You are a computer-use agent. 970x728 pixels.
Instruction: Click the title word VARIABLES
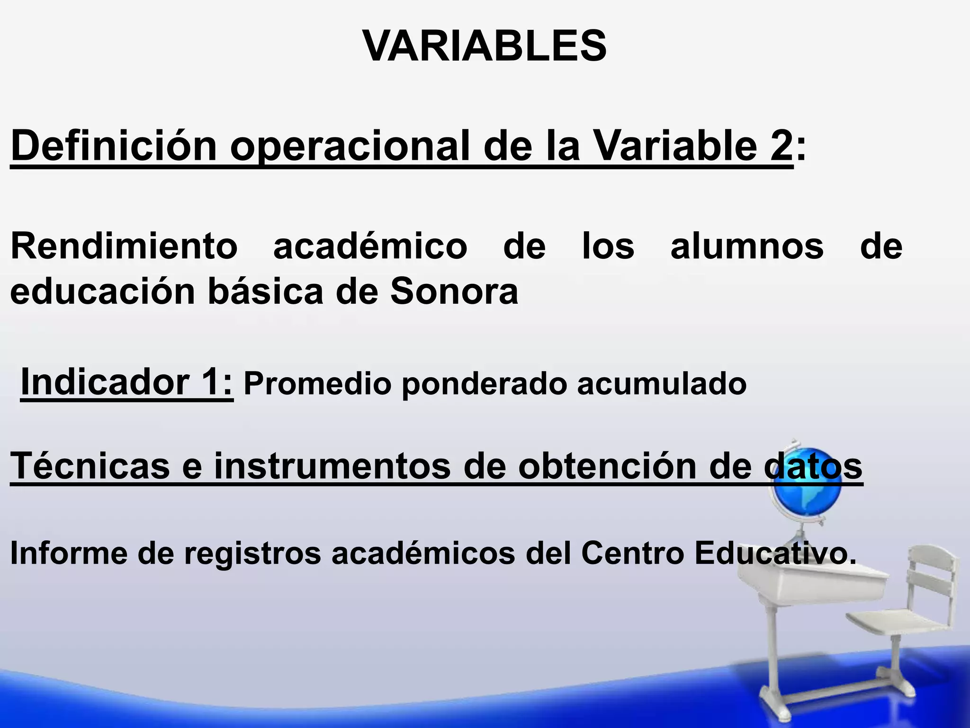tap(484, 46)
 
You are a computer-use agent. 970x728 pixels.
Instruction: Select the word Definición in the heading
tap(114, 146)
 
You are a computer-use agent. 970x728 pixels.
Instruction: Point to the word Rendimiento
tap(124, 246)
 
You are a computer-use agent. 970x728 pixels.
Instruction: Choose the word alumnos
tap(747, 246)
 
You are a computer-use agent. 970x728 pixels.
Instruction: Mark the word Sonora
tap(454, 291)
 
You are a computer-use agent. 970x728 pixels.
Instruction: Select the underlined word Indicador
tap(105, 382)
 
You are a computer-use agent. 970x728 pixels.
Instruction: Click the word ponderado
tap(484, 384)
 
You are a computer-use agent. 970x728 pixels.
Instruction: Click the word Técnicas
tap(90, 465)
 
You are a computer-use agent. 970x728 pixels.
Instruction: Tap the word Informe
tap(69, 553)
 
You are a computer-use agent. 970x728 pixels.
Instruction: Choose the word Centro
tap(633, 553)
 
